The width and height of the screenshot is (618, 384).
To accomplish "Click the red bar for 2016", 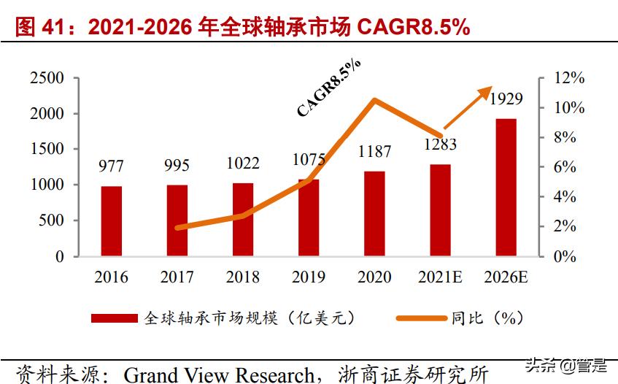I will tap(112, 221).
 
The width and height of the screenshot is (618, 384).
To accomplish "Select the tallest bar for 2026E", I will tap(506, 188).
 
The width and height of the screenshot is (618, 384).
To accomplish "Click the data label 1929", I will tap(506, 98).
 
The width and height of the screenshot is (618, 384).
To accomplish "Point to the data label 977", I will tap(112, 167).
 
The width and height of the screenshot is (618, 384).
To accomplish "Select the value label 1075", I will tap(309, 159).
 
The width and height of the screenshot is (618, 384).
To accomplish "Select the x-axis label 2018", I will tap(243, 277).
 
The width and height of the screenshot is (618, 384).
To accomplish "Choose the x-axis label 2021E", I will tap(440, 277).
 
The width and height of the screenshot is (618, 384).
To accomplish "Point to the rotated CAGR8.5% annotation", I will tap(328, 88).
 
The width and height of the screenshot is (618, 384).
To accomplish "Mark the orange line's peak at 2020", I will tap(374, 100).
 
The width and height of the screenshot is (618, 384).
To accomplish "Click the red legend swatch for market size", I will tap(114, 318).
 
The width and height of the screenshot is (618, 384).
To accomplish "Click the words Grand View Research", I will tap(219, 374).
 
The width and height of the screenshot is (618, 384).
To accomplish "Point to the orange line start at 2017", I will tap(178, 228).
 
